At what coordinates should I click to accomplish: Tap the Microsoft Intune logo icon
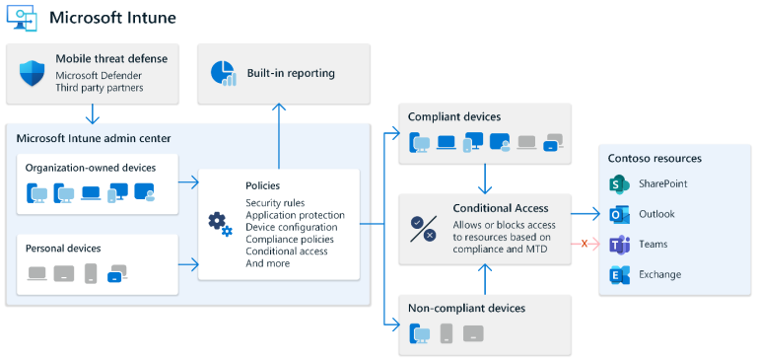click(x=23, y=19)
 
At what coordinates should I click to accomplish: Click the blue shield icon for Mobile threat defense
click(x=33, y=71)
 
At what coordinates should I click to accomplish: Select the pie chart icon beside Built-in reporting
click(x=223, y=73)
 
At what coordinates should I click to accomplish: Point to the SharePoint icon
click(x=619, y=184)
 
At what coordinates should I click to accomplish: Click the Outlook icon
click(x=619, y=214)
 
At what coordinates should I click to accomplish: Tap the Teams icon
click(x=619, y=245)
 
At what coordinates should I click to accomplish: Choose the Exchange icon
click(x=619, y=275)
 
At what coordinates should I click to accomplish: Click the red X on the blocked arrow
click(x=585, y=244)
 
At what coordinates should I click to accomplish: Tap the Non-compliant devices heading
click(x=466, y=309)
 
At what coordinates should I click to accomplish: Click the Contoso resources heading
click(x=654, y=158)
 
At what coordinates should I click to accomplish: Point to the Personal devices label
click(x=64, y=249)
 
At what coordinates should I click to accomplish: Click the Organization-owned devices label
click(x=90, y=168)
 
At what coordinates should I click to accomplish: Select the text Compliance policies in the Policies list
click(x=290, y=239)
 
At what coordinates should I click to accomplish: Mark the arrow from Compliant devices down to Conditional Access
click(x=485, y=178)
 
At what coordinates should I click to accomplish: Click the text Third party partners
click(x=101, y=88)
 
